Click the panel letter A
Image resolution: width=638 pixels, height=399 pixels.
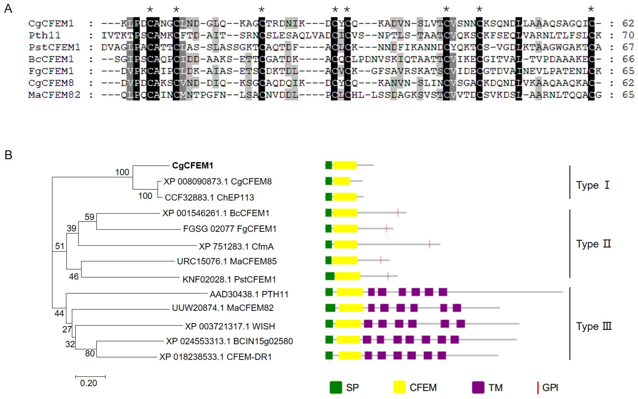point(8,9)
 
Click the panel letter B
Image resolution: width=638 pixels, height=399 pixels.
point(8,155)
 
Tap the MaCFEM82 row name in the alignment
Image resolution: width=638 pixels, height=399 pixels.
point(54,95)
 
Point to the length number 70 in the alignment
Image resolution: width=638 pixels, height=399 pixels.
point(628,35)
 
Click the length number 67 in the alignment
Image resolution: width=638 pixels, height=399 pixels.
point(628,47)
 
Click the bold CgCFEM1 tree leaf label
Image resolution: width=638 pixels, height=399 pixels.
point(192,166)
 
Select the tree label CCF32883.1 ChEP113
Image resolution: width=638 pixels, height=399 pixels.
point(209,197)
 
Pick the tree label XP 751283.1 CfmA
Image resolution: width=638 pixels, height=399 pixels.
point(236,247)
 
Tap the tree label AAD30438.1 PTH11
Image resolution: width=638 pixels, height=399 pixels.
point(249,294)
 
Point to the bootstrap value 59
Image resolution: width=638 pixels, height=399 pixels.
point(89,217)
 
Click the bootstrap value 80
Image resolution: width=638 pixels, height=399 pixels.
point(90,353)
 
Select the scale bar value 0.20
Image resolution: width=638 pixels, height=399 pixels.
point(89,383)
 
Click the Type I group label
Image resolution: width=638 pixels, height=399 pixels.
point(592,185)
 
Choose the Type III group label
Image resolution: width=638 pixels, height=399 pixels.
point(594,326)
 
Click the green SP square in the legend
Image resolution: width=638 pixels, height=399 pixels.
point(336,387)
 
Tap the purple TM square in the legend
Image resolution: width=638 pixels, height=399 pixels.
point(478,387)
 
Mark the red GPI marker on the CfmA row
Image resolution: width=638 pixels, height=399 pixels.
point(430,244)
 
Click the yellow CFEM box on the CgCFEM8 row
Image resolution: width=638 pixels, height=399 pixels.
point(342,181)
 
